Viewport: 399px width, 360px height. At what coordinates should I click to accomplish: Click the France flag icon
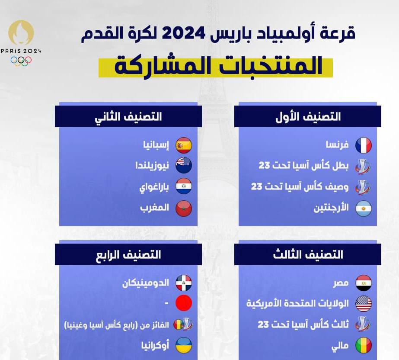tap(364, 145)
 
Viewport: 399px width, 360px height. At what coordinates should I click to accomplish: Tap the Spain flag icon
tap(184, 145)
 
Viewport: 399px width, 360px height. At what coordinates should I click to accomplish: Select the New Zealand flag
tap(184, 165)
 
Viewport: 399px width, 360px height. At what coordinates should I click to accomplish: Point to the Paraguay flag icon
tap(184, 186)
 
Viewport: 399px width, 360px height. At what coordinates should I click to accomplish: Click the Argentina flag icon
tap(364, 209)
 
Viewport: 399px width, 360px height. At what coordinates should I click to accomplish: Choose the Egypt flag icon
tap(364, 283)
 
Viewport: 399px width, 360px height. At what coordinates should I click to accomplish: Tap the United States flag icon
tap(364, 304)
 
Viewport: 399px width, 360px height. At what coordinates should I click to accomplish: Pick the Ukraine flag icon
tap(184, 345)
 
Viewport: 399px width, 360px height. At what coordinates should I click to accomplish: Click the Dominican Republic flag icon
tap(184, 283)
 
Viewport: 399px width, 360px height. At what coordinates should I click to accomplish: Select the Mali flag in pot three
tap(364, 345)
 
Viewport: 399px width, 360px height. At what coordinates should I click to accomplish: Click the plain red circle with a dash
tap(184, 303)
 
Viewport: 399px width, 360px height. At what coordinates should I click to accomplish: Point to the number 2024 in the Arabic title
tap(183, 33)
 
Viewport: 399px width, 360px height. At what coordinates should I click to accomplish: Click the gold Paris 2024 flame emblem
tap(21, 32)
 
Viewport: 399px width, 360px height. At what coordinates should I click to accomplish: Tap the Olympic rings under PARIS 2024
tap(21, 61)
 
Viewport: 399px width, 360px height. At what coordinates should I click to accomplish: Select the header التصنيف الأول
tap(308, 117)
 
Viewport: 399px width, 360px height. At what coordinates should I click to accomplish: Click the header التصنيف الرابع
tap(128, 255)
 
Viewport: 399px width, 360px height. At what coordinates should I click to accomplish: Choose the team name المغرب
tap(154, 208)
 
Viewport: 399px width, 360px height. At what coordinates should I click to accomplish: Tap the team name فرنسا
tap(337, 145)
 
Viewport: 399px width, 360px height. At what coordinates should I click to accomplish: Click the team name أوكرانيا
tap(155, 345)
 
